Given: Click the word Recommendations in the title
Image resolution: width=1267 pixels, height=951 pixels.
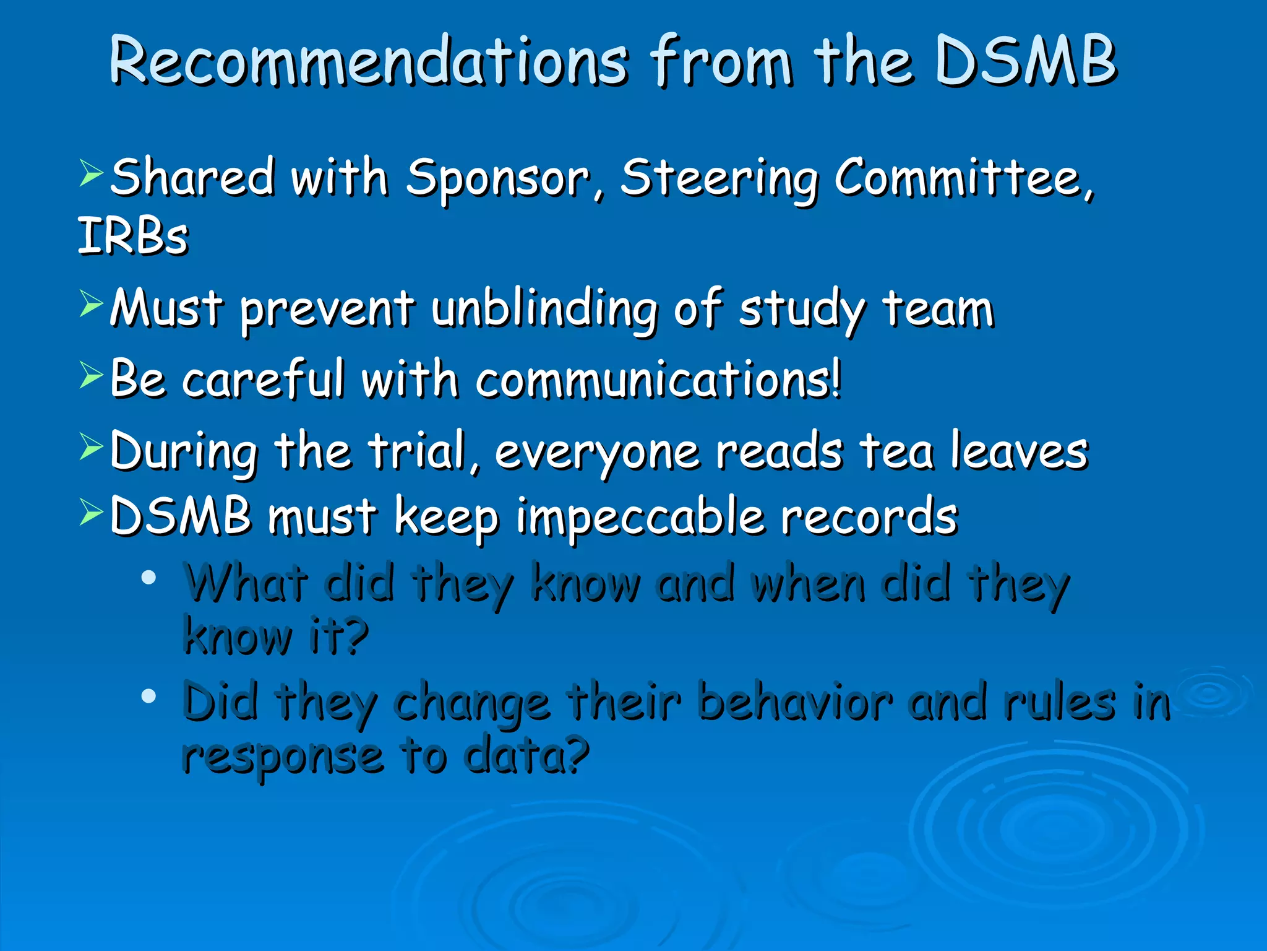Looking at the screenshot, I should point(369,62).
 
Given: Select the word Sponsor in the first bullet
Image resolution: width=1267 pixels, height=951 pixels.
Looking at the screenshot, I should point(497,179).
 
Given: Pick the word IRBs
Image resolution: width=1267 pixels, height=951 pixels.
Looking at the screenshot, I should point(132,237).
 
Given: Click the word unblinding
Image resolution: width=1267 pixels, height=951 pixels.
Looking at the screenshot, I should point(544,309).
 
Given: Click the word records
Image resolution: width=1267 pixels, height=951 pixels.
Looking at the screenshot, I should point(869,516).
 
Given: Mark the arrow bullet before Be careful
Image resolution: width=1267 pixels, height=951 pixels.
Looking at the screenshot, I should point(91,375).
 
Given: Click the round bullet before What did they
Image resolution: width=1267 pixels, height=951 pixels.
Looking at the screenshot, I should point(148,578).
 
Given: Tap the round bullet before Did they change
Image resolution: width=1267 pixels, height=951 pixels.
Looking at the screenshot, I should point(148,697).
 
